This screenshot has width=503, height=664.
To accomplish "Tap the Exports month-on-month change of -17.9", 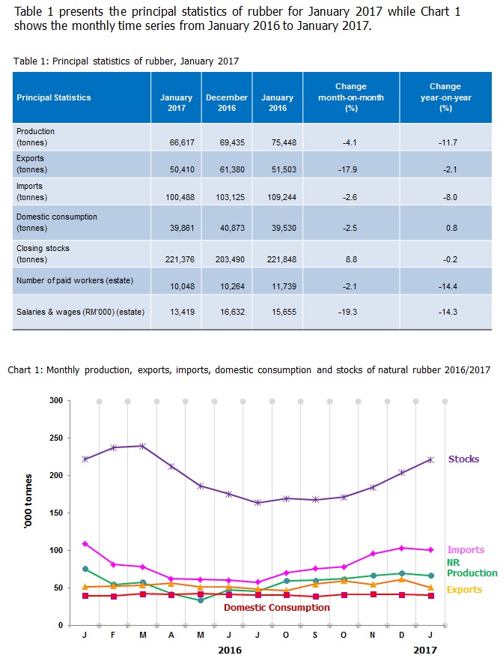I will coord(351,170).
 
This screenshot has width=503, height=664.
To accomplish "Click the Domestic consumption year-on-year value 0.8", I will coord(451,228).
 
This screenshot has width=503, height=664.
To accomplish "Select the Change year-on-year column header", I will coord(445,97).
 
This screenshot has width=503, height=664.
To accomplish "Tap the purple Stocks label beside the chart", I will coord(463,459).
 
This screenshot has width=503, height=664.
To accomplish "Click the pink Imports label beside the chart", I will coord(466,550).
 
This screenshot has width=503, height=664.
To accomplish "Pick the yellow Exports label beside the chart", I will coord(465,590).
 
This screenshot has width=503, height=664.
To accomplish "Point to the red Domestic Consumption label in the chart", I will coord(277,607).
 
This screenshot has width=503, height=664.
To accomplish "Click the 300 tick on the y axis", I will coord(55,400).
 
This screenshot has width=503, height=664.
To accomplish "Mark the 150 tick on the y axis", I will coord(55,513).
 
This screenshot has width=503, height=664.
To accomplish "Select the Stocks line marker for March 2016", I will coord(142,446).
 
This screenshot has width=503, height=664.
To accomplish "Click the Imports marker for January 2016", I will coord(85,543).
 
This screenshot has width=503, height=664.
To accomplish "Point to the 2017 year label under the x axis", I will coord(426,650).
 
